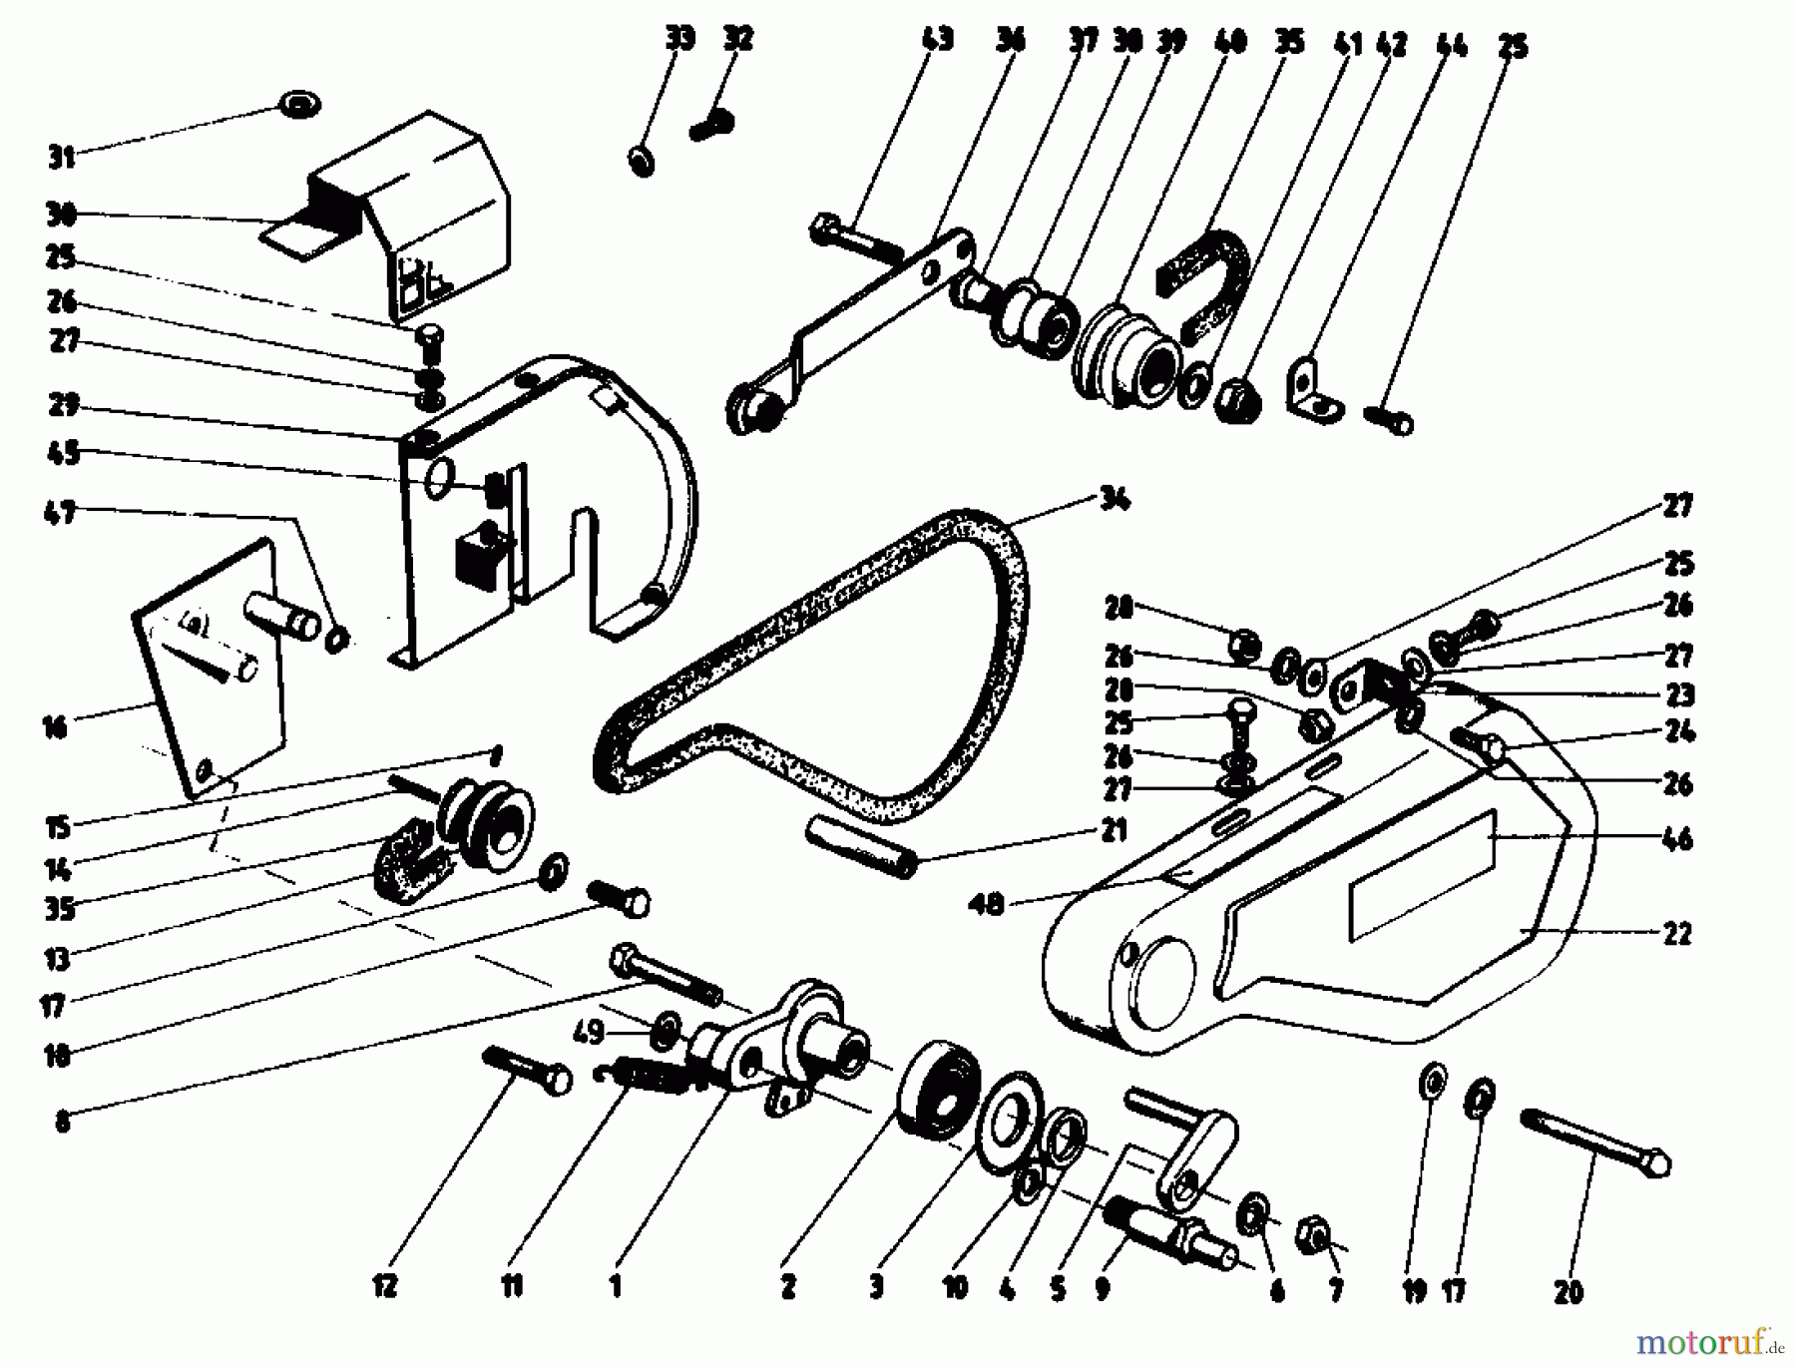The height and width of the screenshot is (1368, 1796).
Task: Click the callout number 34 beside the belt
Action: (x=1114, y=499)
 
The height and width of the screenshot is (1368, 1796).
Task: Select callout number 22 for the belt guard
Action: (x=1678, y=934)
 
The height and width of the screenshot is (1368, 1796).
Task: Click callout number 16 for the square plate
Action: (x=56, y=726)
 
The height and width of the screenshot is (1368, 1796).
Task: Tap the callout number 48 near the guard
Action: (x=987, y=905)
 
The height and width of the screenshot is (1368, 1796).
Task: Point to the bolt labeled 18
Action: (x=619, y=897)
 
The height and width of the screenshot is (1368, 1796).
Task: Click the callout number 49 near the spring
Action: (x=590, y=1033)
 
